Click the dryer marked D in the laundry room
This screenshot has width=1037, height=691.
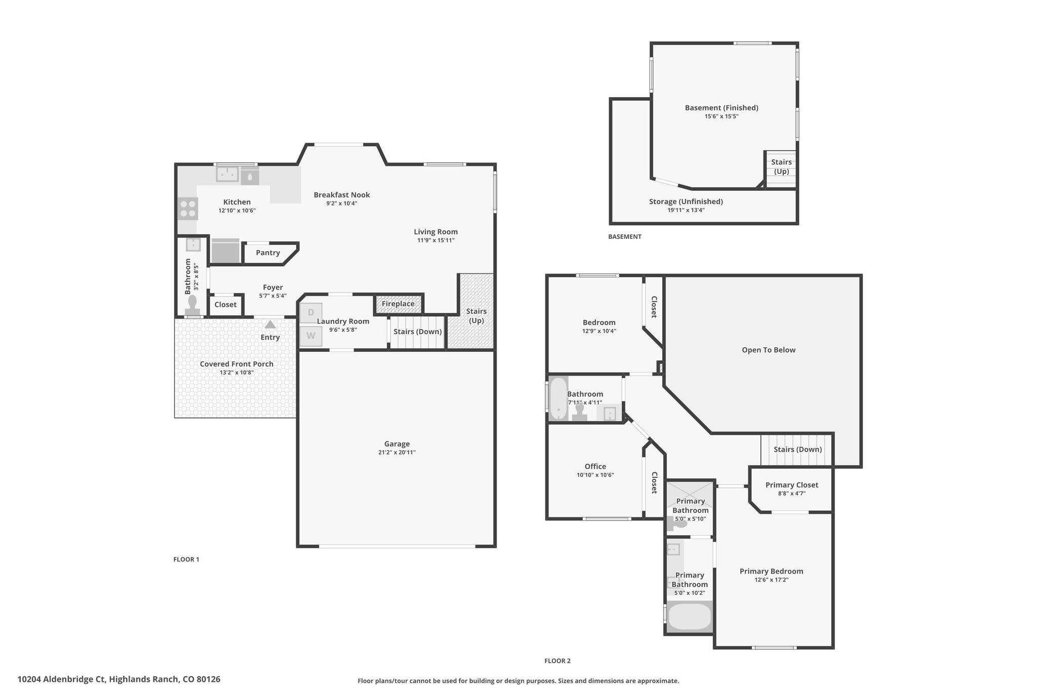tap(311, 313)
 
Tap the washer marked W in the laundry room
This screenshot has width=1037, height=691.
tap(311, 336)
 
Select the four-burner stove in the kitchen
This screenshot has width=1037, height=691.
tap(188, 209)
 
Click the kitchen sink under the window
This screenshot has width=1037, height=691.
tap(227, 174)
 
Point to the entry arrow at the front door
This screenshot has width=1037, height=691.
tap(270, 324)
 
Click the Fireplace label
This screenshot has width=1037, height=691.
tap(398, 304)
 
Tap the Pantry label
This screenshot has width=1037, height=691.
tap(268, 253)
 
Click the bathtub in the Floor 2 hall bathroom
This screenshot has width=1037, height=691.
tap(559, 398)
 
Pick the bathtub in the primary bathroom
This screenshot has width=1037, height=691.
tap(690, 617)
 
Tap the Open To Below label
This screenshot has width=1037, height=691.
tap(769, 350)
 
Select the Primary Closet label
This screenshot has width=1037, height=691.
tap(792, 485)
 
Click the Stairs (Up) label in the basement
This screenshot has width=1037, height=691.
tap(781, 167)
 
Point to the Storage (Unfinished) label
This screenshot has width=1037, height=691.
tap(686, 201)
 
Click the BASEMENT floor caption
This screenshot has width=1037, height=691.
tap(625, 236)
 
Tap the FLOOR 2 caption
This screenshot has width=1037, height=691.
tap(557, 661)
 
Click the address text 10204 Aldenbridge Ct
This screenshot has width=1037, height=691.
tap(62, 679)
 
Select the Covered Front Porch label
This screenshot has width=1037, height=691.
tap(236, 364)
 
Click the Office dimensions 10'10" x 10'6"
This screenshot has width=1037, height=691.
tap(595, 475)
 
